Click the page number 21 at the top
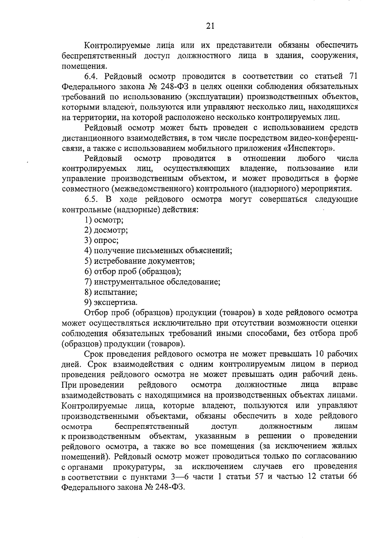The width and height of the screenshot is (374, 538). click(x=210, y=26)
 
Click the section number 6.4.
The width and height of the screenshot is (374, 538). click(x=92, y=76)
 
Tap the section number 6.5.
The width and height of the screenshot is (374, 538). click(x=92, y=199)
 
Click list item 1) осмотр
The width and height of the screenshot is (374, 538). click(x=104, y=220)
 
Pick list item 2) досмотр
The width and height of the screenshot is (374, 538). click(x=106, y=230)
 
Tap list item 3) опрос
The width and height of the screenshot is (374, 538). click(x=102, y=240)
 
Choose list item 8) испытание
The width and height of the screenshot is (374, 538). click(x=111, y=292)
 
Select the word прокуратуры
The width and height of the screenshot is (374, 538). click(x=139, y=467)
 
